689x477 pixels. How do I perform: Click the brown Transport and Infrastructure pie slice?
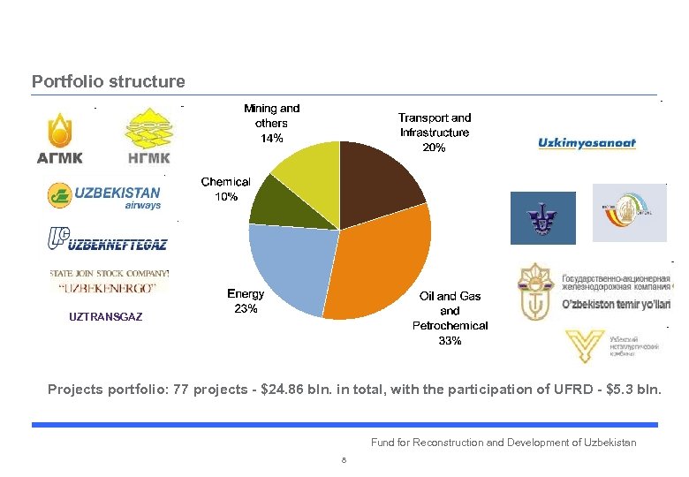380,181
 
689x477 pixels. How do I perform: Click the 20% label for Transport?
434,148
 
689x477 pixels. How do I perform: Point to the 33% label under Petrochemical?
450,341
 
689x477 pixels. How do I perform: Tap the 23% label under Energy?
246,309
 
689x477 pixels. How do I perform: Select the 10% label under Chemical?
226,197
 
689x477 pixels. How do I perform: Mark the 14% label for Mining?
271,139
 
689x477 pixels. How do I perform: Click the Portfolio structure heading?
109,82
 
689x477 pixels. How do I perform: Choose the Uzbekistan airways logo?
104,196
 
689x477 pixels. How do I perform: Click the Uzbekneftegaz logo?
107,239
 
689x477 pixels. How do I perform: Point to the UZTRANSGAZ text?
105,315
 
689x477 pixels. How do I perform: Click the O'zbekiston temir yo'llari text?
617,305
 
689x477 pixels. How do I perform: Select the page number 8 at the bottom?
344,460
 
